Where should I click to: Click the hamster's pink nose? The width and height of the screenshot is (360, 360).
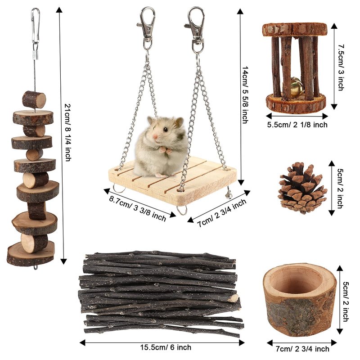coord(155,137)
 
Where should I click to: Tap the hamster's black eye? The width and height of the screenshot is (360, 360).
coord(165,130)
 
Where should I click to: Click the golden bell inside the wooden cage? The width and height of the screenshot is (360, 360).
coord(297,87)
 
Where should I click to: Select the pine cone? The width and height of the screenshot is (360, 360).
coord(302,188)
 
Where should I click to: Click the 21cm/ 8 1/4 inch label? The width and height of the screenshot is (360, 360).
coord(67,132)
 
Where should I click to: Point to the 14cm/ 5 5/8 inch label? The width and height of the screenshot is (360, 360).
coord(245,95)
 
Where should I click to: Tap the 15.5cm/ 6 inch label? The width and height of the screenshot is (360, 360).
coord(166,347)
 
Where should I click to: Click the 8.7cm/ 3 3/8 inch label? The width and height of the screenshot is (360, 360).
coord(137,208)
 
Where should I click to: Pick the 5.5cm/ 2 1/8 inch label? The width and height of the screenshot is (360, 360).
coord(297,125)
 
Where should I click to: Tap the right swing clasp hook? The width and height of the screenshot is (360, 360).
coord(195,29)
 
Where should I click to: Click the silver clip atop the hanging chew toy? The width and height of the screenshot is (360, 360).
coord(35,27)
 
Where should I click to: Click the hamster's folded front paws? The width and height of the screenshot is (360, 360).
coord(166,150)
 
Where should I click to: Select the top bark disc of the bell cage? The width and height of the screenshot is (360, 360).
coord(295,30)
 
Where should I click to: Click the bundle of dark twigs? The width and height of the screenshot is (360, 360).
coord(160,293)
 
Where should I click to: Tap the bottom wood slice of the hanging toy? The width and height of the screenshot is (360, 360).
coord(31,255)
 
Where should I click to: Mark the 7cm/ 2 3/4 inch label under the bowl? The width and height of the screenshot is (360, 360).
coord(302,349)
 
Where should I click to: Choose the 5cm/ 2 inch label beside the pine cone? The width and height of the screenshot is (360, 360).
coord(341,189)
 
